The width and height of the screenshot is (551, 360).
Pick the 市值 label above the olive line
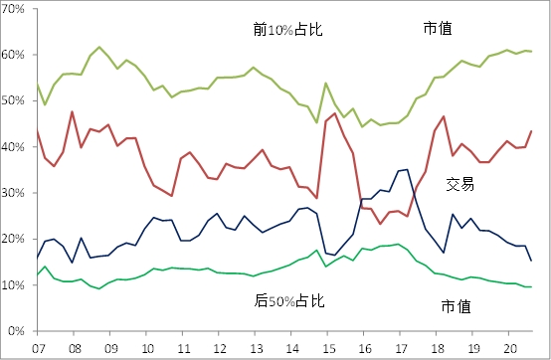click(439, 31)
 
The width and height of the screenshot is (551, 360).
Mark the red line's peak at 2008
click(72, 111)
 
